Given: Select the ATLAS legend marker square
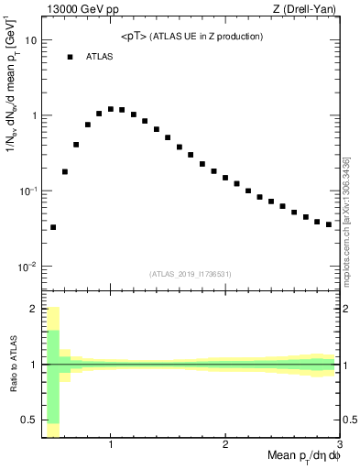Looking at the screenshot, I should [70, 57].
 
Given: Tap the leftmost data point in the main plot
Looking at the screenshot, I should [53, 227].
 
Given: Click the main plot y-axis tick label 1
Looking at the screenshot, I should [35, 116].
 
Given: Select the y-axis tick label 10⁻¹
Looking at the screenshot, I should [30, 191].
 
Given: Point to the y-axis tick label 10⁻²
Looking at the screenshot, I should [30, 267].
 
